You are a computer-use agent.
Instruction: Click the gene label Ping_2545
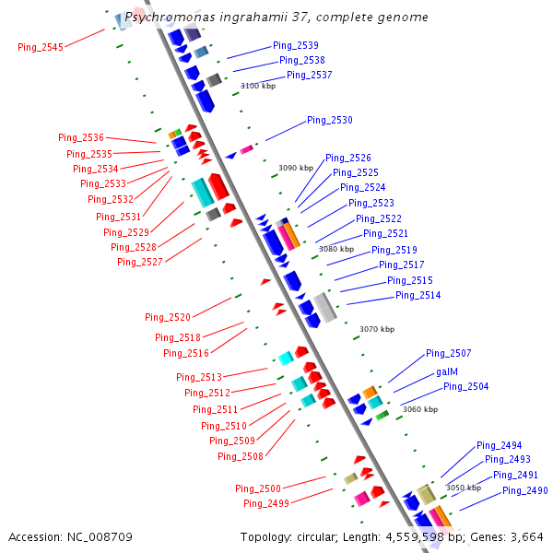[41, 47]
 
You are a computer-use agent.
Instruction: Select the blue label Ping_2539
[296, 45]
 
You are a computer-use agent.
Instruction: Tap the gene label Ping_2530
[330, 120]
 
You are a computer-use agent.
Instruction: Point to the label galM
[447, 371]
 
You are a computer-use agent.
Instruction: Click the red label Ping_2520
[168, 317]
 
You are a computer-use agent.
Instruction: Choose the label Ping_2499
[266, 503]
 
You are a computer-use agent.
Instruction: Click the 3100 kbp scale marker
[258, 86]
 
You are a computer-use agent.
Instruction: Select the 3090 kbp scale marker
[296, 168]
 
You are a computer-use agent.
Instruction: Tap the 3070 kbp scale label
[377, 329]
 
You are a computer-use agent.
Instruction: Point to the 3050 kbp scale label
[464, 488]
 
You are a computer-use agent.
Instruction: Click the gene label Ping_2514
[418, 295]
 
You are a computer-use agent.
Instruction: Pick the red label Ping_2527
[140, 262]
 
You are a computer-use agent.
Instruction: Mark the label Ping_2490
[525, 490]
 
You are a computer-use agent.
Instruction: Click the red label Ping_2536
[81, 137]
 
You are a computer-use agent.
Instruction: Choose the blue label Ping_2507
[449, 353]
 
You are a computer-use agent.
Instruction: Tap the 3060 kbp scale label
[420, 409]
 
